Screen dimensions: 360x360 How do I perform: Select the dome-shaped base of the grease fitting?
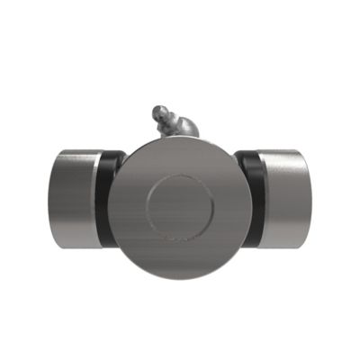coord(185,129)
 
